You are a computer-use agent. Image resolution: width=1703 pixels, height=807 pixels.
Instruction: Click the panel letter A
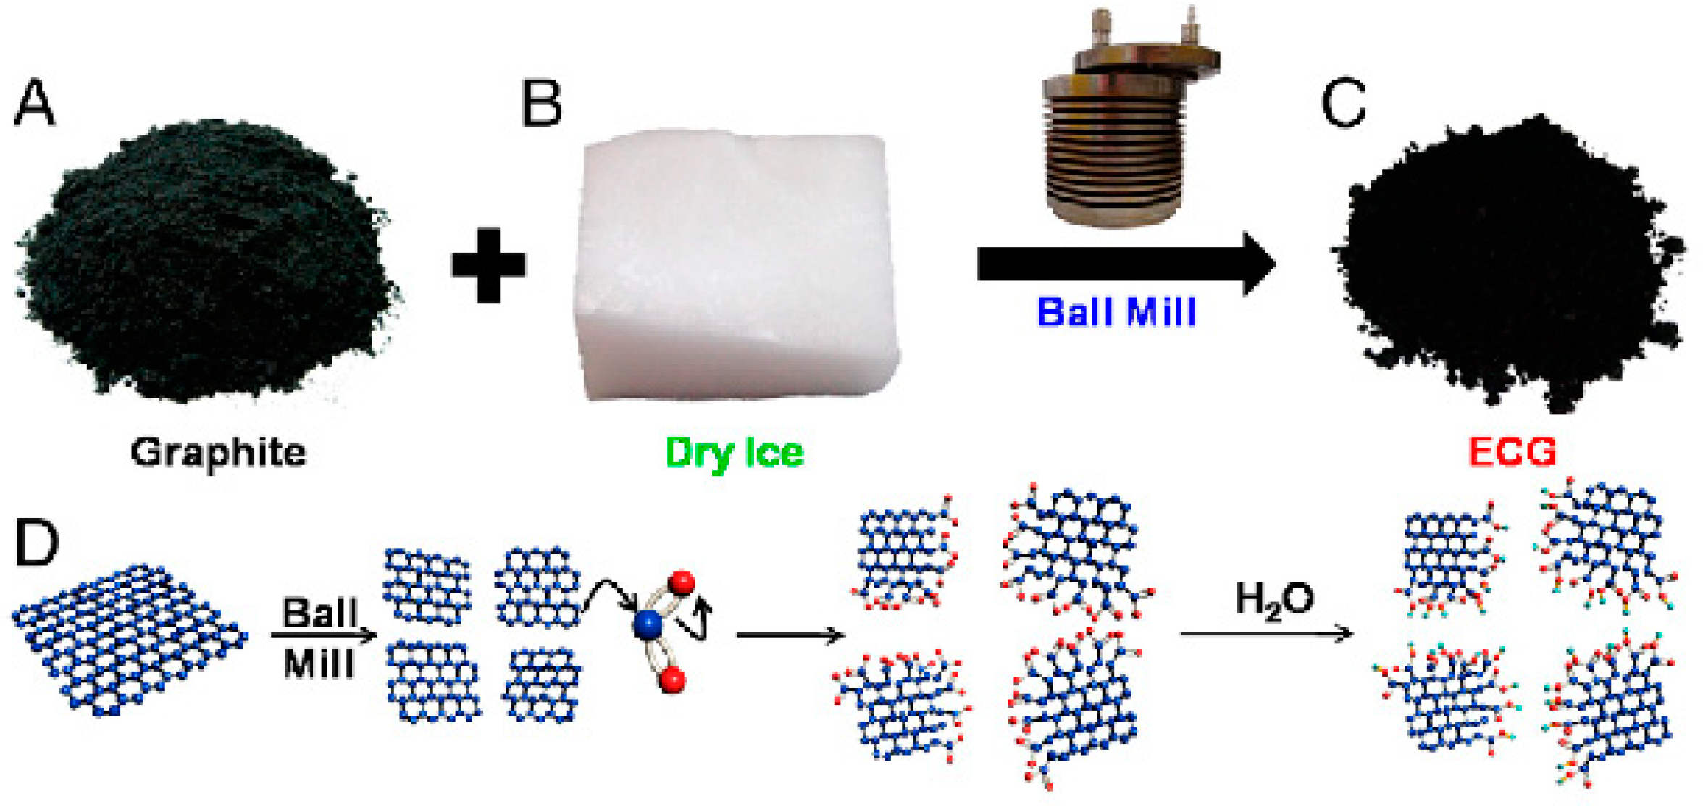click(34, 104)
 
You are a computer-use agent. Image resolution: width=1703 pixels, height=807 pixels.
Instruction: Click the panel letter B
click(541, 104)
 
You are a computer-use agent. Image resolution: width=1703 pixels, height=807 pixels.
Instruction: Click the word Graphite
click(218, 453)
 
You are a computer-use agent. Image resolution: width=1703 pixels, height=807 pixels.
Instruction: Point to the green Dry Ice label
click(734, 453)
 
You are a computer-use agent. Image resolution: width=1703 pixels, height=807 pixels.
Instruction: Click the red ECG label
click(1512, 452)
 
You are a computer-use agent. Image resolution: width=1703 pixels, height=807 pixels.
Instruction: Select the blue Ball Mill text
click(1116, 313)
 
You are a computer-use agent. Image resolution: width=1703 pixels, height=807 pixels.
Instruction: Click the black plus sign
click(488, 264)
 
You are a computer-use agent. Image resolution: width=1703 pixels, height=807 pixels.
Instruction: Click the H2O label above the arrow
click(1273, 600)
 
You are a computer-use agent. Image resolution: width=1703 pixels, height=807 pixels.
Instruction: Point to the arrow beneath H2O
click(1266, 634)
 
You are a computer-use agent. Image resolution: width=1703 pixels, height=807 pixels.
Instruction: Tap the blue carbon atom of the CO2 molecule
click(647, 624)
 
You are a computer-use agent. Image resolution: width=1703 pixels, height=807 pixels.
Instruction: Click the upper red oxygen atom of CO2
click(682, 582)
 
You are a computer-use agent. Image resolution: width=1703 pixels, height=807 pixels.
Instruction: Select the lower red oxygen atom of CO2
click(672, 680)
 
